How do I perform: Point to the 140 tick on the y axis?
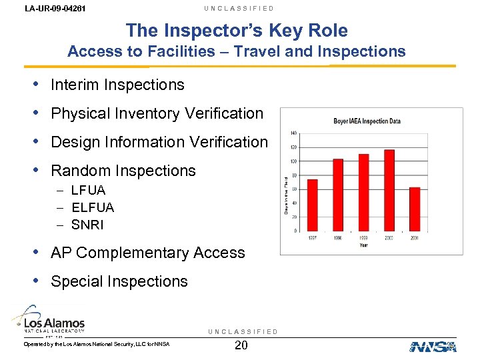(293, 133)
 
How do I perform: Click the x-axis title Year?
(363, 245)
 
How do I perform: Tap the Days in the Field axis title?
(287, 195)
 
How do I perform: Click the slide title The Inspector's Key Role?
(237, 31)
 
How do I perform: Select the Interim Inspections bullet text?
(117, 85)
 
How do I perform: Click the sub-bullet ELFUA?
(93, 207)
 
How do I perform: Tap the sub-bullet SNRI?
(87, 225)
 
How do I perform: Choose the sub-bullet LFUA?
(88, 190)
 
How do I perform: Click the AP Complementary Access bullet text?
(148, 253)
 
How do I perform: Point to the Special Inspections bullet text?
(119, 281)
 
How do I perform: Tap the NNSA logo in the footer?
(432, 346)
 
